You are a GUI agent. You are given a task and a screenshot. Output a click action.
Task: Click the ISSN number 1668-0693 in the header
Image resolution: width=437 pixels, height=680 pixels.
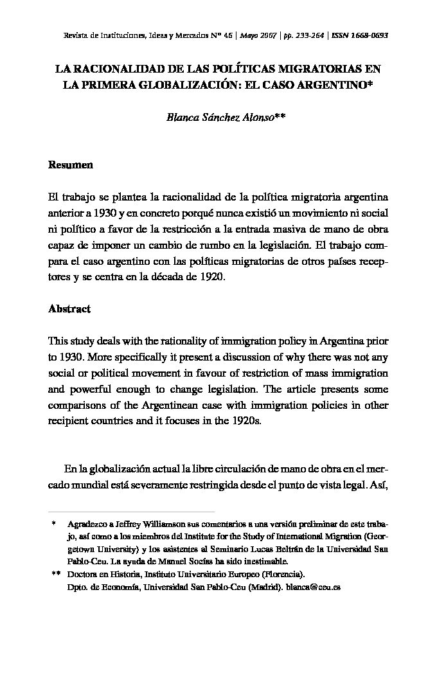click(x=362, y=35)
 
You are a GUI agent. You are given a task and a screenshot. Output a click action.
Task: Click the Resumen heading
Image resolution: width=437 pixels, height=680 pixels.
click(x=71, y=165)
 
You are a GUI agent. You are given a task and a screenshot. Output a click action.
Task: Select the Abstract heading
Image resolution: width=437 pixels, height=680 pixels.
click(x=69, y=309)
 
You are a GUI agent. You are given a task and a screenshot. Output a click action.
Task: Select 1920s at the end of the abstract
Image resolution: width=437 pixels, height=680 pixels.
click(x=246, y=424)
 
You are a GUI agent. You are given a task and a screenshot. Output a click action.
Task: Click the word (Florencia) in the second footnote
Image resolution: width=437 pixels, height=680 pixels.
click(x=279, y=575)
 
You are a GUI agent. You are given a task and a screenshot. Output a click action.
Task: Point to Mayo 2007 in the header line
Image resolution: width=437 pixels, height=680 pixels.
click(x=256, y=35)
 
